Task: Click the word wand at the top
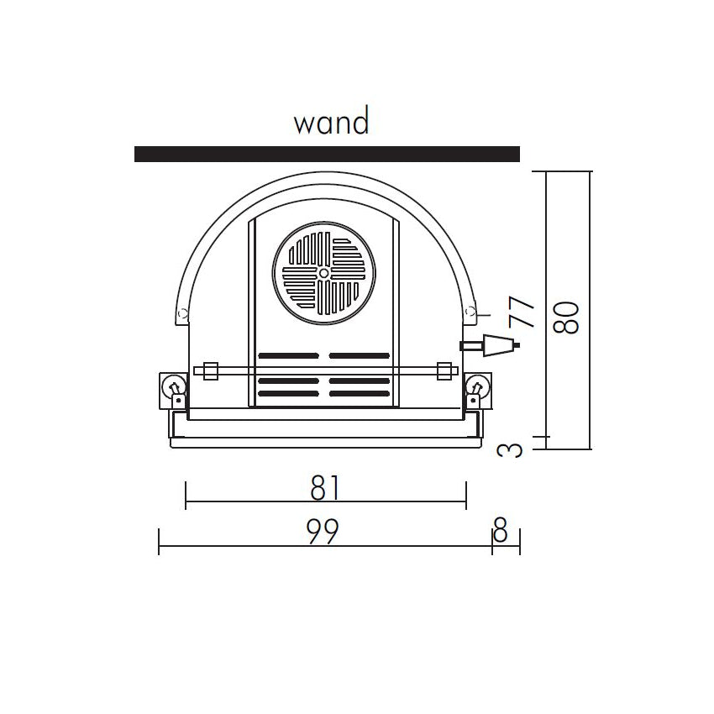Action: tap(331, 121)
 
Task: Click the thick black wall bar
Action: tap(327, 154)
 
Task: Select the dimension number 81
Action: tap(325, 488)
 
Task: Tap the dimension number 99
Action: tap(323, 531)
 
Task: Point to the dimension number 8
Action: tap(500, 529)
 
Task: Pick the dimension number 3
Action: tap(510, 451)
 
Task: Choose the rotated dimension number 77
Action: tap(522, 312)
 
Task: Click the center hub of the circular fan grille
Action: tap(323, 273)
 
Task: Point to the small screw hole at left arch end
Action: tap(182, 313)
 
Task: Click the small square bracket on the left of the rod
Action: tap(210, 371)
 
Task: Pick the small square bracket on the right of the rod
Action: tap(444, 371)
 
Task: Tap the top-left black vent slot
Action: tap(288, 355)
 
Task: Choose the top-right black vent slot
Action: tap(360, 355)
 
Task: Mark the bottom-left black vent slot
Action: tap(288, 393)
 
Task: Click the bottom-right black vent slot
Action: tap(360, 393)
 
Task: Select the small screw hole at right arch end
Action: tap(470, 312)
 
